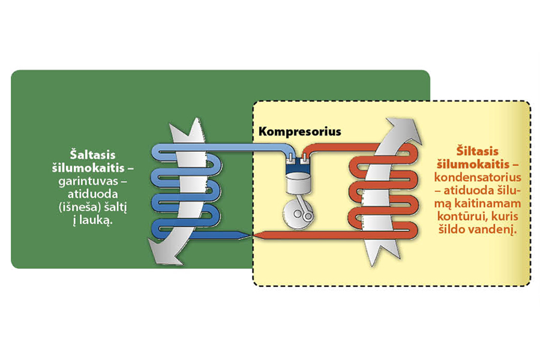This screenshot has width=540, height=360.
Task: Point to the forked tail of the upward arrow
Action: click(x=376, y=259)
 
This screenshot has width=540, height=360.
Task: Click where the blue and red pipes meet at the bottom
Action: click(x=250, y=236)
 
